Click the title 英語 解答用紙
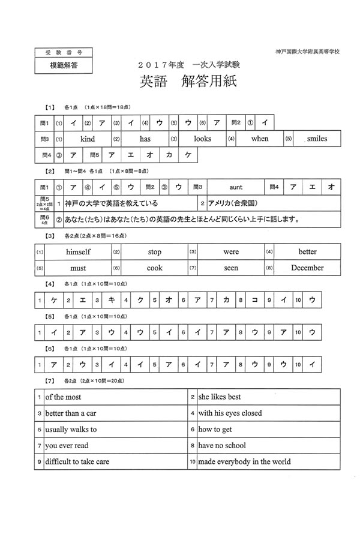click(x=188, y=82)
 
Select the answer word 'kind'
click(x=88, y=139)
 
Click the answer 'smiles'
click(x=317, y=139)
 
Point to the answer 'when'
click(x=260, y=139)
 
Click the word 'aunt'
click(x=236, y=187)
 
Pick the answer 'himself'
click(x=78, y=252)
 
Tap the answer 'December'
click(x=307, y=268)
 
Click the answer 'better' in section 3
click(x=307, y=252)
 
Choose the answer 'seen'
click(x=231, y=268)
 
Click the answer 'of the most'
click(x=63, y=397)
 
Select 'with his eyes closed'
click(x=230, y=413)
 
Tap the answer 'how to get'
click(x=215, y=430)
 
